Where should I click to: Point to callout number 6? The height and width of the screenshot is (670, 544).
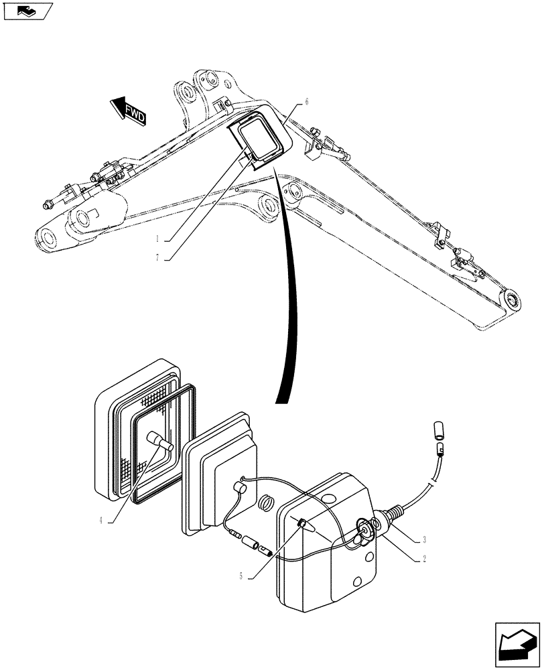(306, 102)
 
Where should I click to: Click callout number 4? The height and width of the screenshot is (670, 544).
(102, 519)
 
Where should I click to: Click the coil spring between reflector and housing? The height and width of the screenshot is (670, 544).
(266, 502)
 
